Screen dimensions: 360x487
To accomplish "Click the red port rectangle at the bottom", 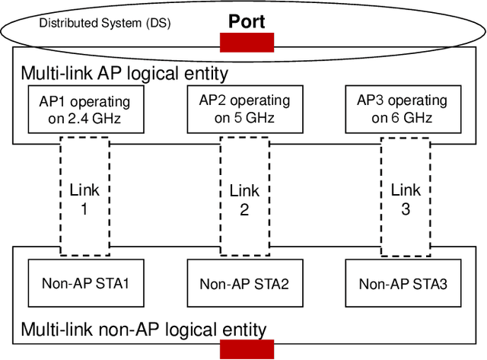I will coord(247,349).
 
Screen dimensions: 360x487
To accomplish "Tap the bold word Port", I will coord(247,21).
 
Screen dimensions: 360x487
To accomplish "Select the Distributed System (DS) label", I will coord(104,23).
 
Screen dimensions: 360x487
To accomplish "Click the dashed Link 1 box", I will coord(84,196).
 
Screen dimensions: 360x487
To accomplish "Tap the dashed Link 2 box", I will coord(244,196).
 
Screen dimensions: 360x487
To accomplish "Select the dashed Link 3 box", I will coord(406,196).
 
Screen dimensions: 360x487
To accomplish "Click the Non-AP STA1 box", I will coord(84,284).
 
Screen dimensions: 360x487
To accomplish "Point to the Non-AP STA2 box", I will coord(244,284).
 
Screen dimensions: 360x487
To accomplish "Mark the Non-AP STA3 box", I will coord(403,284).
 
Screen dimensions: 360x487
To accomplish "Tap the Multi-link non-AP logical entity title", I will coord(144,330).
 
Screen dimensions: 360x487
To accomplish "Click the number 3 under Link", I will coord(406,209).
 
